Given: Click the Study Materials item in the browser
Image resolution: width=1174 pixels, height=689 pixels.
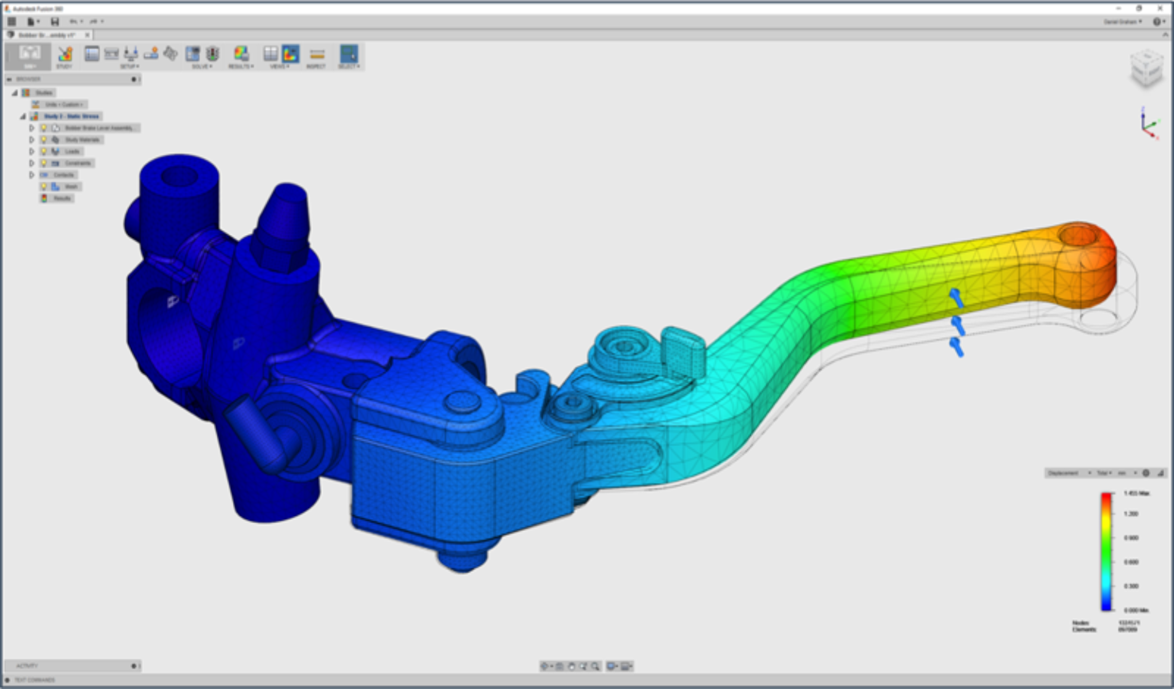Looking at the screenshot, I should click(81, 140).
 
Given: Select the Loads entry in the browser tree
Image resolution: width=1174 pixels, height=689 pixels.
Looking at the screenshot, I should click(72, 152).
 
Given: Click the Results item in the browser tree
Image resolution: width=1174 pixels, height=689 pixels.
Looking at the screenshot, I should click(62, 198).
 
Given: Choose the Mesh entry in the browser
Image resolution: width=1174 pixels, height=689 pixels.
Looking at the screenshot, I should click(71, 187).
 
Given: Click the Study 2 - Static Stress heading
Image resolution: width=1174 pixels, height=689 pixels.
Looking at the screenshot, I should click(71, 116).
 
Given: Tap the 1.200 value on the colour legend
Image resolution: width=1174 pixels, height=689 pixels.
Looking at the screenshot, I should click(1131, 513).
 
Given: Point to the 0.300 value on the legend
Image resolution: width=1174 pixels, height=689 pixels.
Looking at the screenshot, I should click(1131, 586).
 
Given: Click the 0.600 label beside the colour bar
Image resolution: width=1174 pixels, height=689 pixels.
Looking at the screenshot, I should click(1131, 562).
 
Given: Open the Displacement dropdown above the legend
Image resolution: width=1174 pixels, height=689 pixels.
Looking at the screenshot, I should click(1068, 473).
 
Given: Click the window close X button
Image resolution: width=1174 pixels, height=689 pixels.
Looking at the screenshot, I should click(1160, 8).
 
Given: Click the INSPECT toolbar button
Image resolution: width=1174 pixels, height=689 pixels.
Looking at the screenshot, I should click(317, 56).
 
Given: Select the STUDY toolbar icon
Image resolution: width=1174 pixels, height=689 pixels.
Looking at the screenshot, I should click(65, 56).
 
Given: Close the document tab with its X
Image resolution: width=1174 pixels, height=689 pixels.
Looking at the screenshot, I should click(87, 35).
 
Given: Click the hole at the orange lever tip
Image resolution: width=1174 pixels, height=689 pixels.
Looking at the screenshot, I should click(1078, 235).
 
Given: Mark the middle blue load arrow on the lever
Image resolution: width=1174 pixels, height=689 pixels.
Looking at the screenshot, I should click(957, 325).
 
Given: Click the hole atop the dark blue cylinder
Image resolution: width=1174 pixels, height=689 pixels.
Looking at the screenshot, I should click(179, 176).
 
